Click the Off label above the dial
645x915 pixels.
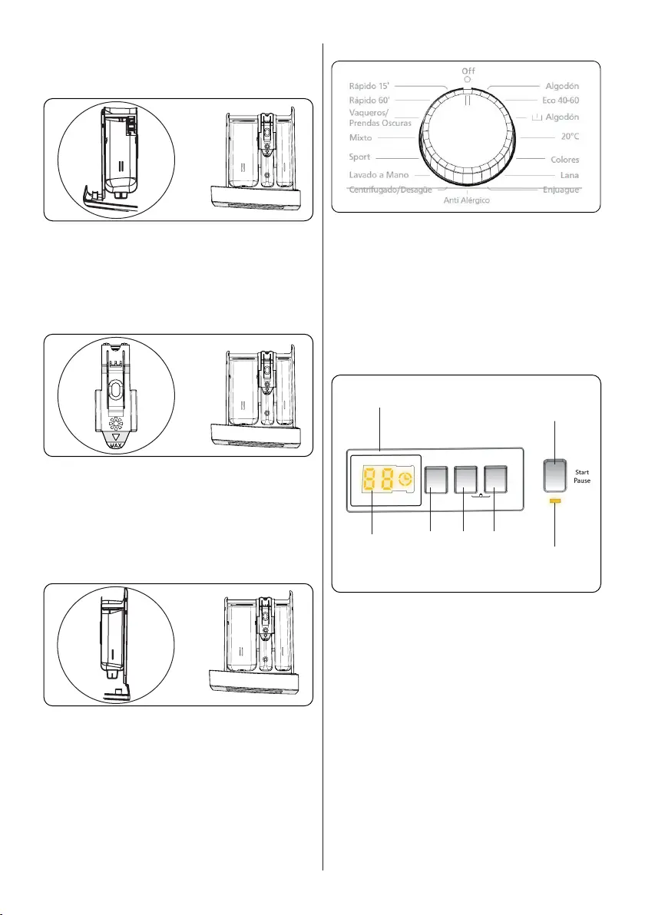point(468,71)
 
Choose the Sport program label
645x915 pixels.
point(359,157)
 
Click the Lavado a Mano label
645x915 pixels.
point(379,175)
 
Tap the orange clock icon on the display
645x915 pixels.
point(404,481)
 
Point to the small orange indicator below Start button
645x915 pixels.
point(555,500)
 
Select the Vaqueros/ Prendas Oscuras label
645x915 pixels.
point(379,117)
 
